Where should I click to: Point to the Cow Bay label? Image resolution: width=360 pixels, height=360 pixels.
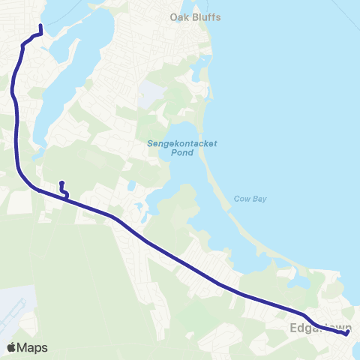[x=250, y=199]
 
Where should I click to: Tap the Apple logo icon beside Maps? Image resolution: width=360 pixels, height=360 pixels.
[x=11, y=347]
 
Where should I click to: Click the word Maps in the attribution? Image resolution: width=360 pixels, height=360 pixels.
[x=33, y=347]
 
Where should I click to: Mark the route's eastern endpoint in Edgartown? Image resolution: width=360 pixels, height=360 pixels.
[x=348, y=334]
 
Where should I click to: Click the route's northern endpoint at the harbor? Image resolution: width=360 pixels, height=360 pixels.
[x=40, y=26]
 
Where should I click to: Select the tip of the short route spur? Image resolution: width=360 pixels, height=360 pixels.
[x=61, y=183]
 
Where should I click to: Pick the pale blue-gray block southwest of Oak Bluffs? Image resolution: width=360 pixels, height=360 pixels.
[x=150, y=93]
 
